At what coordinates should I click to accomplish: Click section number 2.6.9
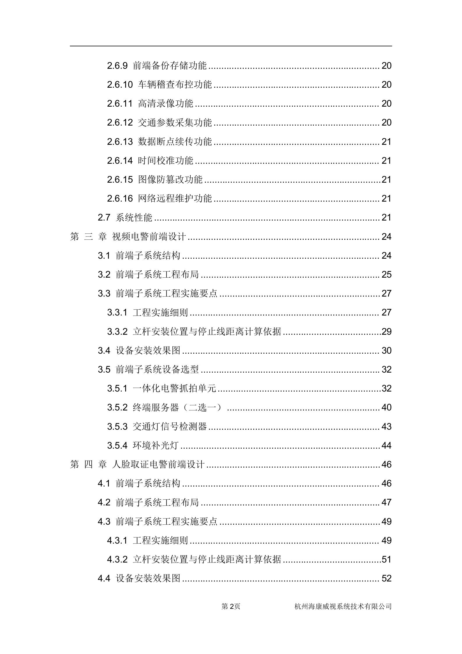click(x=117, y=66)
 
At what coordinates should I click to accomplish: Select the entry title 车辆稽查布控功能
click(x=175, y=85)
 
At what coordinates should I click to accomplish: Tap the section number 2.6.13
click(x=120, y=142)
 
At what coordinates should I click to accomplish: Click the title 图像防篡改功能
click(x=170, y=180)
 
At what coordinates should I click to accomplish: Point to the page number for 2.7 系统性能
click(x=386, y=218)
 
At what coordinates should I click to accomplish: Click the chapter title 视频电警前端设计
click(x=149, y=237)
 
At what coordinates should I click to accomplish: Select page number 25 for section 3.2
click(x=386, y=275)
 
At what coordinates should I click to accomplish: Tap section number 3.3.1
click(x=117, y=313)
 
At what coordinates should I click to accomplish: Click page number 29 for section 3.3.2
click(x=386, y=332)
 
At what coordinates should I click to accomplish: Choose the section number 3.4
click(x=104, y=350)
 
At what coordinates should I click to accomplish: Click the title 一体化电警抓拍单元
click(x=174, y=389)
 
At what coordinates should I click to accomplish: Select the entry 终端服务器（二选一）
click(x=177, y=408)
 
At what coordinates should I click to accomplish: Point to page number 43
click(x=386, y=427)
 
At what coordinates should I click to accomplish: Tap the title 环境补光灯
click(x=155, y=446)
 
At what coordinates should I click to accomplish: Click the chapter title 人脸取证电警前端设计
click(x=158, y=464)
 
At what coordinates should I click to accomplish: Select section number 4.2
click(x=104, y=503)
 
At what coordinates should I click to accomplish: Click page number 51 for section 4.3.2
click(x=386, y=560)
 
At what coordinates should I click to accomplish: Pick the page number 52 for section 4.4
click(x=386, y=579)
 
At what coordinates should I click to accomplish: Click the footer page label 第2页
click(x=231, y=607)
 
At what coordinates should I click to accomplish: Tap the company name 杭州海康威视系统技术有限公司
click(x=343, y=607)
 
